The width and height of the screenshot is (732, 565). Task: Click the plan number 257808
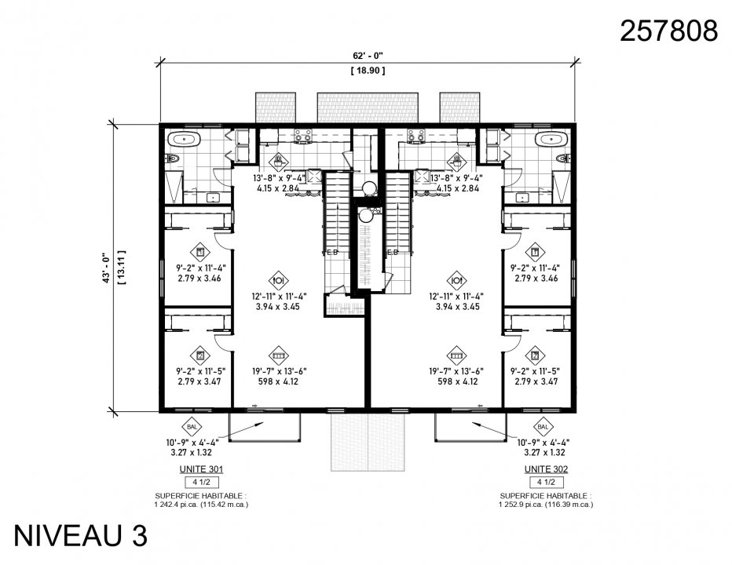[668, 31]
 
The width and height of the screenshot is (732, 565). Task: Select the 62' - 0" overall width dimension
[367, 56]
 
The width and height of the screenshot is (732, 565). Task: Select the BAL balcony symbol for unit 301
[192, 427]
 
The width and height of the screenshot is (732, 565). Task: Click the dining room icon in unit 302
[458, 279]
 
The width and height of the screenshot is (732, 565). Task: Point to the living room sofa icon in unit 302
[458, 355]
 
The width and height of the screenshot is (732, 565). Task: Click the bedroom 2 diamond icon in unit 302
[536, 355]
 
